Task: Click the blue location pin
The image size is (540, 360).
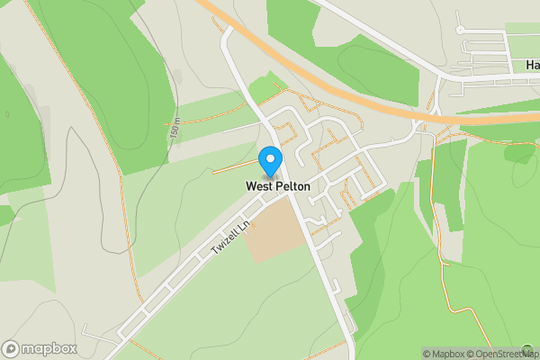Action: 269,160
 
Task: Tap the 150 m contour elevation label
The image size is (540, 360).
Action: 174,129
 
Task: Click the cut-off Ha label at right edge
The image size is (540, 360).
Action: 532,66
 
